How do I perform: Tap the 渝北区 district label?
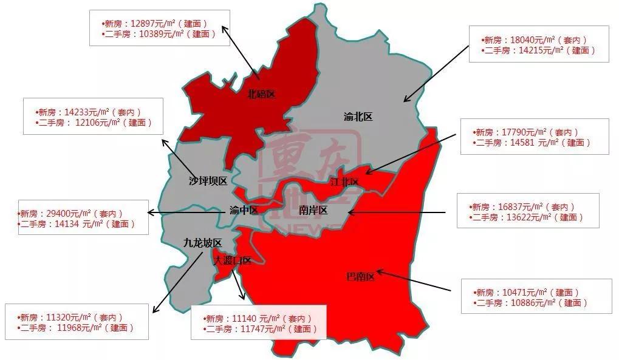coord(358,117)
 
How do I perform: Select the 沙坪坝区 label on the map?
coord(208,181)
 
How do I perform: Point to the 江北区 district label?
coord(344,182)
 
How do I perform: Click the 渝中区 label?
coord(244,211)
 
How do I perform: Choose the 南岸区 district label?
coord(313,211)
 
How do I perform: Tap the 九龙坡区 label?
coord(203,243)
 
